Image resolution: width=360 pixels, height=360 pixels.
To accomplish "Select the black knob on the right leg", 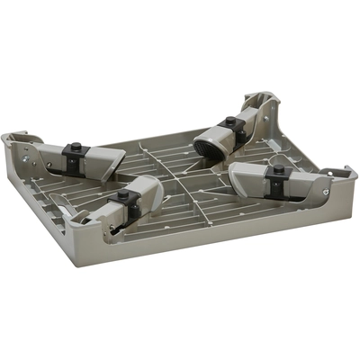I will point(279,168).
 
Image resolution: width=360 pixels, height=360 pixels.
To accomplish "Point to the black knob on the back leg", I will point(231,121).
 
